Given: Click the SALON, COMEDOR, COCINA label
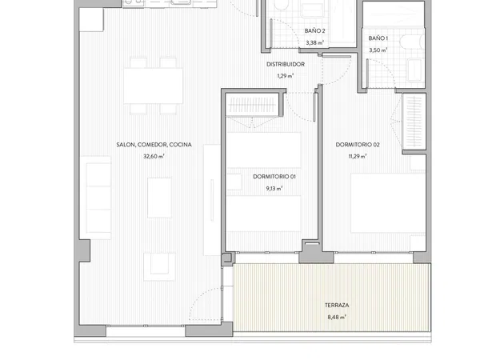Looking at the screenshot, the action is click(x=154, y=145).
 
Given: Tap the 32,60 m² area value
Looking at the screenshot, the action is click(x=154, y=157).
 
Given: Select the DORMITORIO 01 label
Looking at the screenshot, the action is click(x=274, y=177).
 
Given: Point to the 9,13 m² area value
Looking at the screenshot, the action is click(x=274, y=189).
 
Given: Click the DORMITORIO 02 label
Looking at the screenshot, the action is click(x=358, y=145).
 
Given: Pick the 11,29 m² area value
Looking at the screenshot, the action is click(x=358, y=157).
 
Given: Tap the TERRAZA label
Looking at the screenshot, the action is click(x=337, y=306).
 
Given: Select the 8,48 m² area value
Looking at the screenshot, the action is click(x=337, y=317).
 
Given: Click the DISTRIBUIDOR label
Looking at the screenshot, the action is click(x=286, y=64).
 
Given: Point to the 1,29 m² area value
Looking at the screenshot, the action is click(x=286, y=76).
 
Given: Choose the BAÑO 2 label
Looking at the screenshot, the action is click(x=314, y=31).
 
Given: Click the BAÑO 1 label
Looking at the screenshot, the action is click(x=378, y=38).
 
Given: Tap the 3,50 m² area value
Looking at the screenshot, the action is click(x=378, y=50).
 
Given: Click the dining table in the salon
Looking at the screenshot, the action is click(x=154, y=86).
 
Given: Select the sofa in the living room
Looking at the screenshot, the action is click(x=96, y=198).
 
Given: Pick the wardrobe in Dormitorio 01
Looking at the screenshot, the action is click(x=252, y=105).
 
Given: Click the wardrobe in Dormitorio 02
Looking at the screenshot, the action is click(x=414, y=122).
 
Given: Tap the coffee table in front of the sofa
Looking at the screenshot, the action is click(x=159, y=198).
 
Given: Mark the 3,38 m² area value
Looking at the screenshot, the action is click(x=314, y=43).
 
